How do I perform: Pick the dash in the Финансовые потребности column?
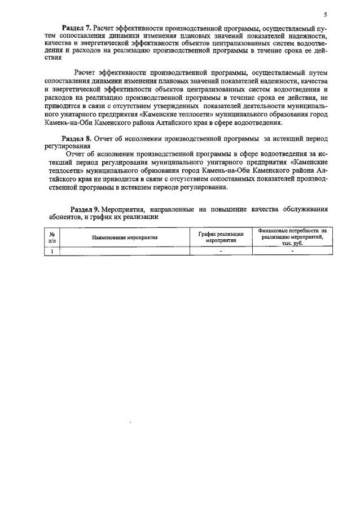click(292, 251)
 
